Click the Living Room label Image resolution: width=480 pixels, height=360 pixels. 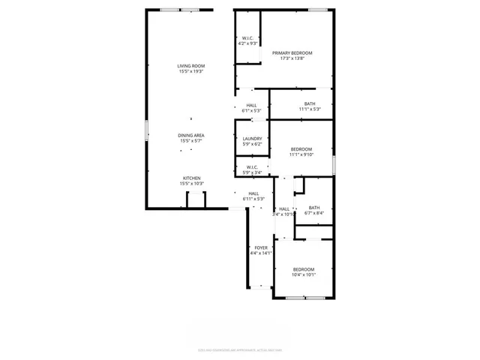coord(191,66)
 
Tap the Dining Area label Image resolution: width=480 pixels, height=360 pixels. coord(191,135)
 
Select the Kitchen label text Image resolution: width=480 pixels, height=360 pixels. coord(191,178)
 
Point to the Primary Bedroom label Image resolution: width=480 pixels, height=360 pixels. coord(292,52)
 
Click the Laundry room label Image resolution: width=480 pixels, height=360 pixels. coord(252,139)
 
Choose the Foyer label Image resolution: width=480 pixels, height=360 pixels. coord(261,247)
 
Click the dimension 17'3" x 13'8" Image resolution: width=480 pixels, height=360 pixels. coord(292,58)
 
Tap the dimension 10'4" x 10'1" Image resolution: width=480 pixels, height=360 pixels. coord(304,274)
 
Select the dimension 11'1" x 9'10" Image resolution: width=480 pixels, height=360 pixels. coord(301,155)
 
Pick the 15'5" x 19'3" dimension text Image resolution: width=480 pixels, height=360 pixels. coord(191,71)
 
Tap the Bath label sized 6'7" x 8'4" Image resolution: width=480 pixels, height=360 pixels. coord(313,208)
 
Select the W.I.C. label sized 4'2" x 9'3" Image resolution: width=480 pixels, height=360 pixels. coord(248,38)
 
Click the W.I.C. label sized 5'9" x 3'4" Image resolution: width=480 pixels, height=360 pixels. coord(251,167)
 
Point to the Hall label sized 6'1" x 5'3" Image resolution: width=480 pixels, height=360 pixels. coord(251,105)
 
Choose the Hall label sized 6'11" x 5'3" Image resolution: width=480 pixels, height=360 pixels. coord(253,193)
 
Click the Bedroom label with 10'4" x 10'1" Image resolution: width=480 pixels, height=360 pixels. coord(304,269)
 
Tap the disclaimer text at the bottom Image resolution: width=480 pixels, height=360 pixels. coord(239,349)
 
